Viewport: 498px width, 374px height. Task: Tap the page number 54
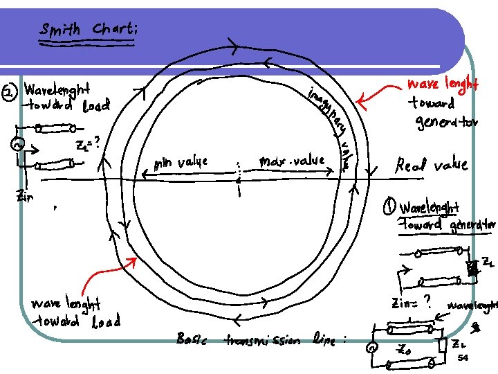click(x=463, y=357)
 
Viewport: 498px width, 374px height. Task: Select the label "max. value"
click(x=291, y=161)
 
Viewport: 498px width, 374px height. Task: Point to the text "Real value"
click(x=431, y=165)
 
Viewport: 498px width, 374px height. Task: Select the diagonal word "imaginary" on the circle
click(x=328, y=111)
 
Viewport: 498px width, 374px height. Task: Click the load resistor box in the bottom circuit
click(x=441, y=344)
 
